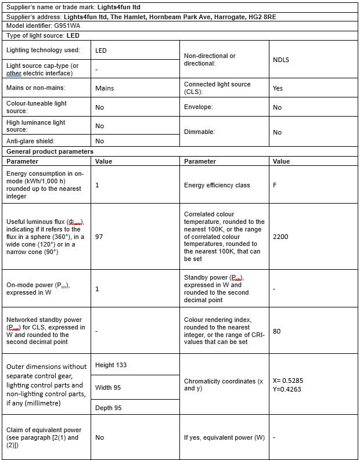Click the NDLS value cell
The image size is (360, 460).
click(x=280, y=60)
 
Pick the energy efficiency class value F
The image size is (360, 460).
click(x=275, y=185)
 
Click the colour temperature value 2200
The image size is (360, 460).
click(x=280, y=237)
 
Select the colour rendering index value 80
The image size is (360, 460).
click(x=276, y=331)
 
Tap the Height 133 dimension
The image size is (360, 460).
click(x=110, y=365)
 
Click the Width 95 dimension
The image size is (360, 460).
click(x=109, y=387)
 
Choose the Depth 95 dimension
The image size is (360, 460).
click(x=109, y=408)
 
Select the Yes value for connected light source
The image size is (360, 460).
click(x=278, y=88)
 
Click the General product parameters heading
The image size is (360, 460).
click(x=50, y=151)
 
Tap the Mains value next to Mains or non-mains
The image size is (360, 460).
click(x=105, y=88)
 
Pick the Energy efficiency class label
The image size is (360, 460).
click(x=217, y=185)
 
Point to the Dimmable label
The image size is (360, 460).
click(x=200, y=132)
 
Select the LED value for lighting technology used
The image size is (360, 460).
click(x=101, y=50)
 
